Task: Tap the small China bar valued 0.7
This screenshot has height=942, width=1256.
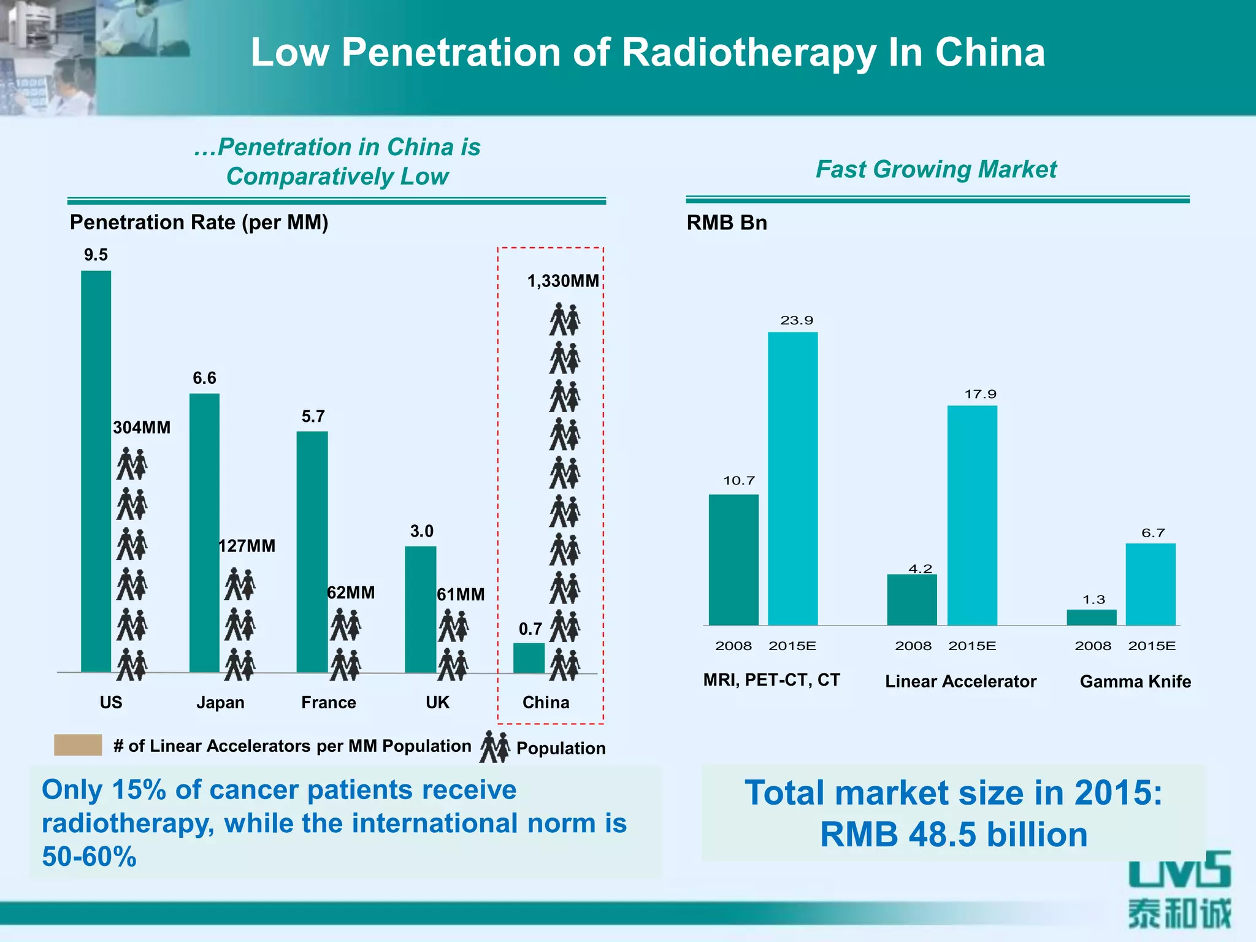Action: click(x=529, y=657)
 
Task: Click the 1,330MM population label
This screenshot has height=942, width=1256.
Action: click(x=563, y=281)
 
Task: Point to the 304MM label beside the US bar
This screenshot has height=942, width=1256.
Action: click(x=142, y=427)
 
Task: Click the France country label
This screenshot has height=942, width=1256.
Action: click(x=328, y=702)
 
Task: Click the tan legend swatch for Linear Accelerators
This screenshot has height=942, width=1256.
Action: click(x=78, y=745)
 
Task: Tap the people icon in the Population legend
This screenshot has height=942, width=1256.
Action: click(x=494, y=746)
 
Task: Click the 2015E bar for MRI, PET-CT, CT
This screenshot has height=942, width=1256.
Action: click(x=792, y=478)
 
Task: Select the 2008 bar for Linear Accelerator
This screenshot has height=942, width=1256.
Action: click(x=912, y=599)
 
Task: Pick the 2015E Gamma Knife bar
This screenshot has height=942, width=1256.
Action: click(x=1151, y=584)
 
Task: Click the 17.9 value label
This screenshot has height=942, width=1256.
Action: click(x=980, y=394)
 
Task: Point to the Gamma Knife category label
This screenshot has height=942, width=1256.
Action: click(x=1135, y=681)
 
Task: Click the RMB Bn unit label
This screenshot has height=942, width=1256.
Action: click(x=727, y=222)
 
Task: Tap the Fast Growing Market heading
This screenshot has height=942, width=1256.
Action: click(x=936, y=169)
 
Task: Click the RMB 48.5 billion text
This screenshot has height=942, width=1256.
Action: click(x=954, y=835)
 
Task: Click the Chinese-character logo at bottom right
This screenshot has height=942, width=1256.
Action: click(x=1179, y=913)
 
